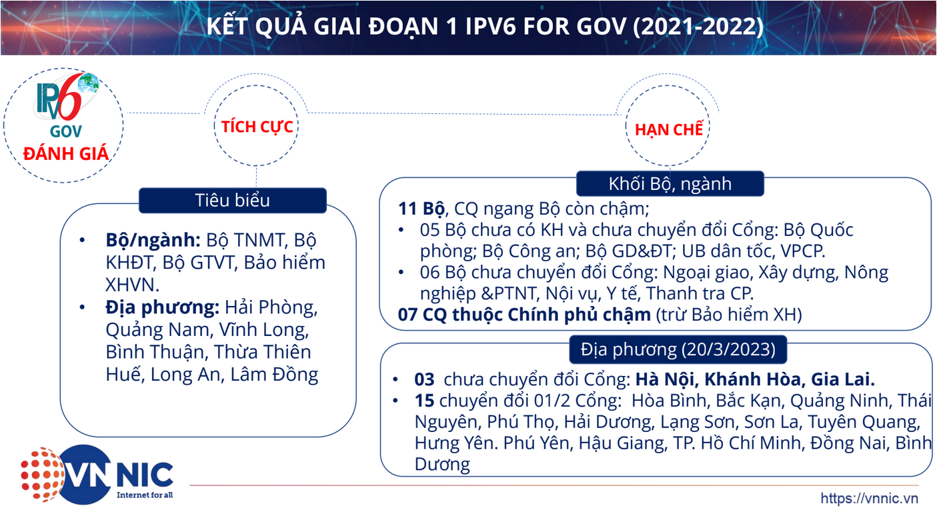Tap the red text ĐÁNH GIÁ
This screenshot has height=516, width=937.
pos(65,153)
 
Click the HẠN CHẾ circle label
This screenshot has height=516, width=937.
pos(669,129)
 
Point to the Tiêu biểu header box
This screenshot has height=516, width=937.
pos(233,200)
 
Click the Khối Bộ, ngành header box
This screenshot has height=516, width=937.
pos(670,183)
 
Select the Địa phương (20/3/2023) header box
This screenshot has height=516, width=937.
pos(678,349)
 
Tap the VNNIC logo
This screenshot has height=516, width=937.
pos(97,474)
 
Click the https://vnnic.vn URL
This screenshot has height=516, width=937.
pos(869,498)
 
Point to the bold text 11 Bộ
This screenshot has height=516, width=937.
pos(421,209)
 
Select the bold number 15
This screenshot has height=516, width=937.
pos(425,400)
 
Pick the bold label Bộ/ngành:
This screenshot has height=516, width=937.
pos(153,240)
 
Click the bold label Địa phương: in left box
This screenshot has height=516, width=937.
pos(162,308)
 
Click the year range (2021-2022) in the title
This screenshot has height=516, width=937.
pos(698,26)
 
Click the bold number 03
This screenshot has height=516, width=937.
pos(425,379)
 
